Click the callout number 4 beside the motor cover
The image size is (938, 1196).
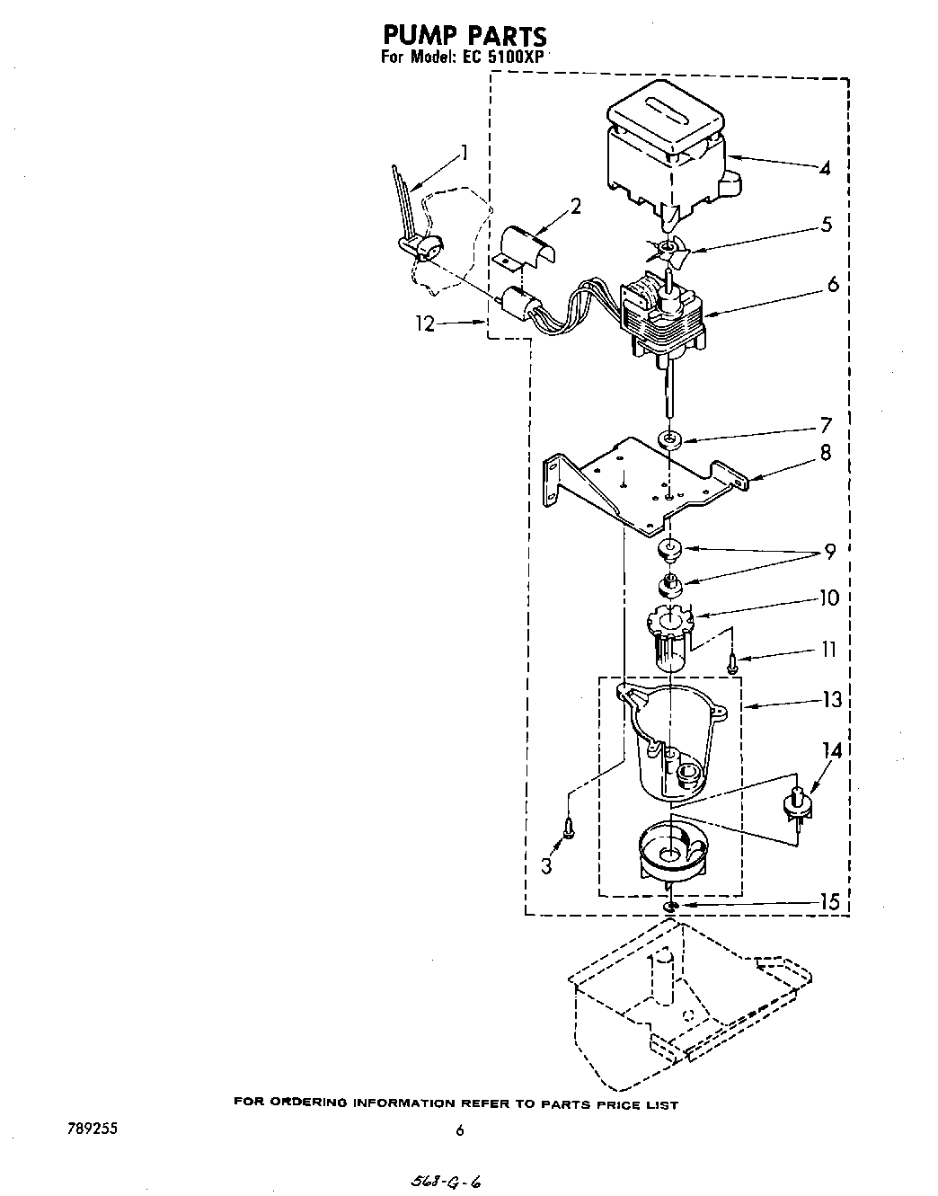pos(825,168)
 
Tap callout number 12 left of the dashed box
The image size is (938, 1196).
pos(425,324)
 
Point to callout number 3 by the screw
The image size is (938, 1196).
pos(545,866)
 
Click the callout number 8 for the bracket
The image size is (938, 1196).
pos(826,454)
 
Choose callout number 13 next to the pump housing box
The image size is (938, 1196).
pos(832,699)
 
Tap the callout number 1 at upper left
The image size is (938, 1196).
pos(464,152)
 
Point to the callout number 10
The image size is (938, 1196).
pos(828,598)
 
